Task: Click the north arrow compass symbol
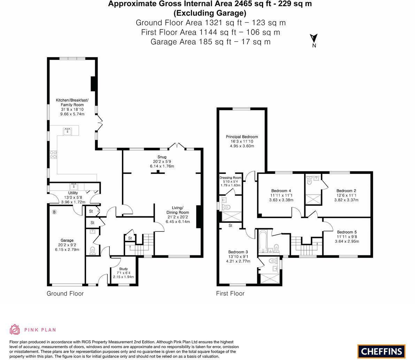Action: [x=314, y=38]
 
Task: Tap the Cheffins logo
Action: [x=381, y=351]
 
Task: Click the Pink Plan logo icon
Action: [x=15, y=329]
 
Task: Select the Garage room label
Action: [x=67, y=240]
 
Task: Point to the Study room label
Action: [x=123, y=269]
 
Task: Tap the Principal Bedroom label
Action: [x=242, y=137]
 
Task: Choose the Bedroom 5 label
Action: [x=346, y=232]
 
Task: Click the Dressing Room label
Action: [x=230, y=178]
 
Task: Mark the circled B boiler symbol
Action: [x=54, y=212]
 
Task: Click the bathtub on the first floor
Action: [x=262, y=242]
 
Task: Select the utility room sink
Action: [x=74, y=186]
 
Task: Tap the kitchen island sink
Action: [x=67, y=131]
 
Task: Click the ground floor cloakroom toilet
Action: [x=92, y=251]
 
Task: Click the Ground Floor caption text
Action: [x=65, y=293]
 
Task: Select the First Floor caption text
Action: [x=230, y=293]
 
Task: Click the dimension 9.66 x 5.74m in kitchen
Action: [x=72, y=114]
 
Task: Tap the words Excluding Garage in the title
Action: [x=210, y=13]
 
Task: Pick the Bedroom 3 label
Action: [x=238, y=252]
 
